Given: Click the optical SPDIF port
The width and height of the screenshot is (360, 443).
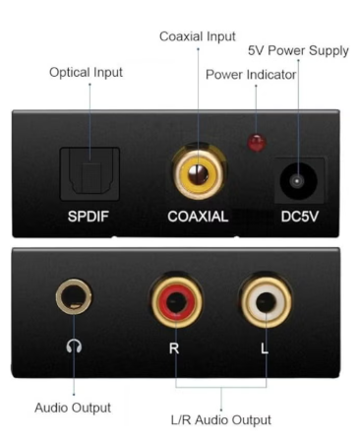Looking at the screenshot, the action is click(90, 173).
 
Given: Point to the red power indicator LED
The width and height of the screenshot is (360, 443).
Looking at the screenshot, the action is click(257, 142).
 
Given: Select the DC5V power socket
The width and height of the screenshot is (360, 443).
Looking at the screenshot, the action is click(298, 181).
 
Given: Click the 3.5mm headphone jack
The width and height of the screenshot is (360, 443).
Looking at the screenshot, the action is click(74, 296).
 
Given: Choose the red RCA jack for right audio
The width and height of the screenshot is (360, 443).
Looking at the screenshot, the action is click(176, 301).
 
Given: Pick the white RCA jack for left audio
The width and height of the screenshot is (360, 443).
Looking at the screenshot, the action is click(266, 301).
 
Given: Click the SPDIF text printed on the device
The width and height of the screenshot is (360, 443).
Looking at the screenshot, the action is click(88, 217).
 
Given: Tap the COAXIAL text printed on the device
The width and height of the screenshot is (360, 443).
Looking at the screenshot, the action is click(198, 217).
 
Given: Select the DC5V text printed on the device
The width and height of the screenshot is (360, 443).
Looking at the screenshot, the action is click(300, 217).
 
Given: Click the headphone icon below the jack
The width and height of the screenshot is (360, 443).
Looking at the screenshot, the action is click(74, 347).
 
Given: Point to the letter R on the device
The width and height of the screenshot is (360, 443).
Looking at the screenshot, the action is click(174, 348).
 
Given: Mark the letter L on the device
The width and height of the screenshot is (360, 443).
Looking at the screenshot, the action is click(265, 348).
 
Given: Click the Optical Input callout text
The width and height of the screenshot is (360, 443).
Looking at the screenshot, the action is click(86, 73).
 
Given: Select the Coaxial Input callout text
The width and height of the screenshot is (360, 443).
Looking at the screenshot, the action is click(198, 36).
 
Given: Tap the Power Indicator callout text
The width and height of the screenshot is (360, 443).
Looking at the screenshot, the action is click(251, 75).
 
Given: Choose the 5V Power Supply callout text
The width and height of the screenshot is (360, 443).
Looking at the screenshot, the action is click(298, 51).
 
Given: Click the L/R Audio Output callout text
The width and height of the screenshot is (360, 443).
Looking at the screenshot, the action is click(221, 420).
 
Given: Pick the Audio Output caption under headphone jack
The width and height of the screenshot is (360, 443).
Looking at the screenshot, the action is click(73, 408).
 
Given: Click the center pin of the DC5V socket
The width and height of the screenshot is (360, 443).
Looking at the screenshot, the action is click(297, 181).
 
